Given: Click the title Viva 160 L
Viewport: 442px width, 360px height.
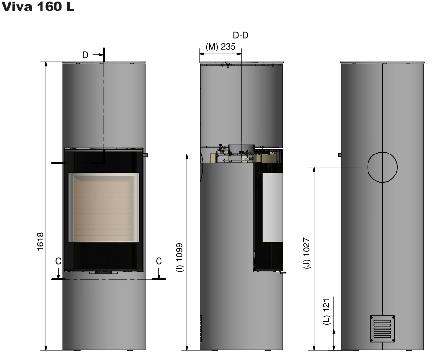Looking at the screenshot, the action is coord(38,7).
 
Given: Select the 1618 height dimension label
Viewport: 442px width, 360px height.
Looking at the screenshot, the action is coord(40,241).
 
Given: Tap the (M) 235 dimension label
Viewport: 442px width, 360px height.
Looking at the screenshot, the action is coord(220,46).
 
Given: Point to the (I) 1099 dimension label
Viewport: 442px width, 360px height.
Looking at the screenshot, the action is coord(179,257).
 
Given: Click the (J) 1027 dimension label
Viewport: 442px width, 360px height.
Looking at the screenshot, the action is coord(306,253).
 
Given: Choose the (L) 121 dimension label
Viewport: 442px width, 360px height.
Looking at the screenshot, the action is coord(326,311).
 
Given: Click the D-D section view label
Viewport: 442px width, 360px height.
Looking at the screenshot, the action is coord(241,35).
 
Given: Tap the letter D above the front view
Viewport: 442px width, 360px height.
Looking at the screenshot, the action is coord(85,55).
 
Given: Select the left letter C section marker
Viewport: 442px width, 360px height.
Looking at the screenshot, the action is coord(58,261).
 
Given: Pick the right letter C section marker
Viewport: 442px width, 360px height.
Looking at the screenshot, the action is coord(158,261).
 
